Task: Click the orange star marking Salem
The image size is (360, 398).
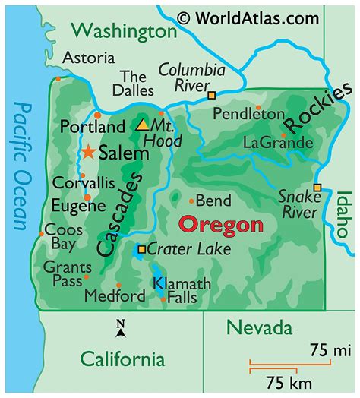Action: tap(89, 152)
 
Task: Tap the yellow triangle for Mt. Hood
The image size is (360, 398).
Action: tap(142, 124)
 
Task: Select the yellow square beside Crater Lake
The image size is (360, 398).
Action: tap(141, 248)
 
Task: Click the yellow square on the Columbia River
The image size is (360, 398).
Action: tap(212, 96)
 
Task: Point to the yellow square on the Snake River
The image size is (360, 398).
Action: tap(317, 188)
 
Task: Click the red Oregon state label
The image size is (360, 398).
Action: tap(220, 226)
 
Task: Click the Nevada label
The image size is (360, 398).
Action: tap(260, 328)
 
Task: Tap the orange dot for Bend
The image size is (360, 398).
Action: tap(191, 201)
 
